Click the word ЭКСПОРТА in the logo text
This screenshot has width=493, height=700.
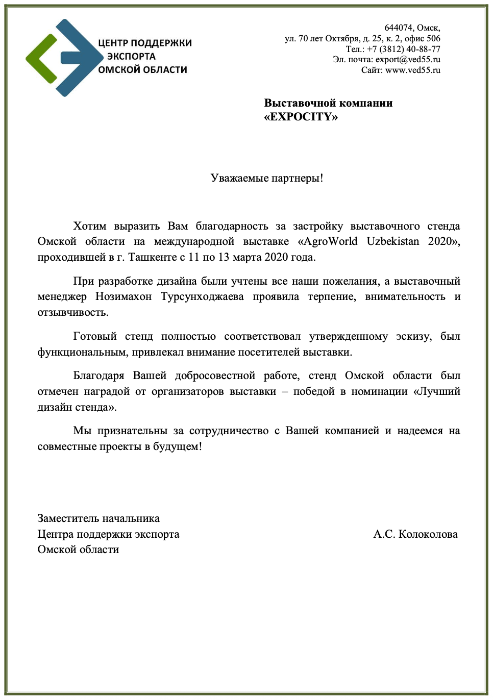[x=131, y=57]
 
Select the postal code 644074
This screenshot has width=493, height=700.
[x=398, y=28]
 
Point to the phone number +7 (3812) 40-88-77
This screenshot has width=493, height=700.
[x=403, y=49]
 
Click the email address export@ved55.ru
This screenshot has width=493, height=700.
[x=408, y=60]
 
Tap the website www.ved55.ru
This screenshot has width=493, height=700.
[x=413, y=70]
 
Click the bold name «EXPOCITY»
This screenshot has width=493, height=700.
[x=301, y=117]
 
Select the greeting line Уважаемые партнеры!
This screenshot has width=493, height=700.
[x=267, y=178]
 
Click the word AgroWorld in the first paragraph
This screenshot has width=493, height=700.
[x=328, y=241]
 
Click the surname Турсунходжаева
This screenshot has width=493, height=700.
[x=202, y=297]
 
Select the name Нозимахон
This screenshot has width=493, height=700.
[x=124, y=297]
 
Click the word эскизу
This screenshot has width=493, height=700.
[x=414, y=337]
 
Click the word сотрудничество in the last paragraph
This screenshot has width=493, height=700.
[x=229, y=431]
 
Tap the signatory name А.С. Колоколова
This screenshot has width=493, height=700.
[x=415, y=534]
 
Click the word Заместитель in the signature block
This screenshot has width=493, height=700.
[x=68, y=518]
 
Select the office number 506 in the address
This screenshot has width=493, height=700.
[x=433, y=39]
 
